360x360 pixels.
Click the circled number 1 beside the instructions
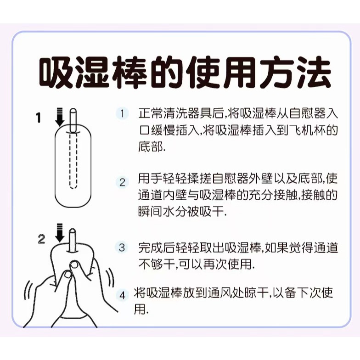[x=122, y=113]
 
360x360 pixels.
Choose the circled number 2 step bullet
[x=122, y=182]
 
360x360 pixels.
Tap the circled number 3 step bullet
[x=121, y=247]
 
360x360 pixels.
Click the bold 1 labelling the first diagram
[x=39, y=118]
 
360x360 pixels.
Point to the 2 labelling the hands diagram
[x=41, y=239]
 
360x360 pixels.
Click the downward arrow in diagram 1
[x=60, y=118]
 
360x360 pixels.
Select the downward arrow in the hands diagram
[x=60, y=232]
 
